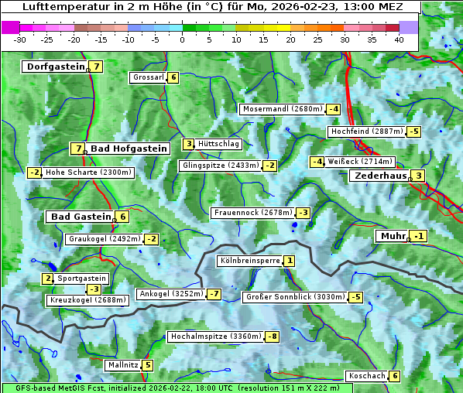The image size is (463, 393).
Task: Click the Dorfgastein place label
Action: [55, 67]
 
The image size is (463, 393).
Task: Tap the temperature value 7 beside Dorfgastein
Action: [96, 67]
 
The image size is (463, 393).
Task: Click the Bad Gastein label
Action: [81, 217]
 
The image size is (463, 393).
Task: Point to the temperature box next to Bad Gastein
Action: [122, 217]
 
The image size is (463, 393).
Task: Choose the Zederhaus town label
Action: [379, 176]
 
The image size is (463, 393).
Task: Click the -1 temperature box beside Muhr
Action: [419, 236]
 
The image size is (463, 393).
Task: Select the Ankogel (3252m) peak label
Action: [170, 294]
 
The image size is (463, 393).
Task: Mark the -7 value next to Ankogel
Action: [214, 294]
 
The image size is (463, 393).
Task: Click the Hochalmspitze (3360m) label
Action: [215, 337]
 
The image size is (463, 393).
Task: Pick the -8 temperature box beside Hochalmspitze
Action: [272, 337]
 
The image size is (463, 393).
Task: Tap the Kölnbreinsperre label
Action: [249, 261]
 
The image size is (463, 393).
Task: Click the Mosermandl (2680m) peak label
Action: [281, 109]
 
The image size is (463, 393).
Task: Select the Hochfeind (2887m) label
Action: [366, 132]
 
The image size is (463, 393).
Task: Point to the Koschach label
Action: [366, 376]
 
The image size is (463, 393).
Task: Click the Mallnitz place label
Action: [122, 364]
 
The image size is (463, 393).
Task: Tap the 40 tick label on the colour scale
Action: [399, 39]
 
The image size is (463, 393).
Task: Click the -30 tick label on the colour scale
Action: [20, 39]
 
